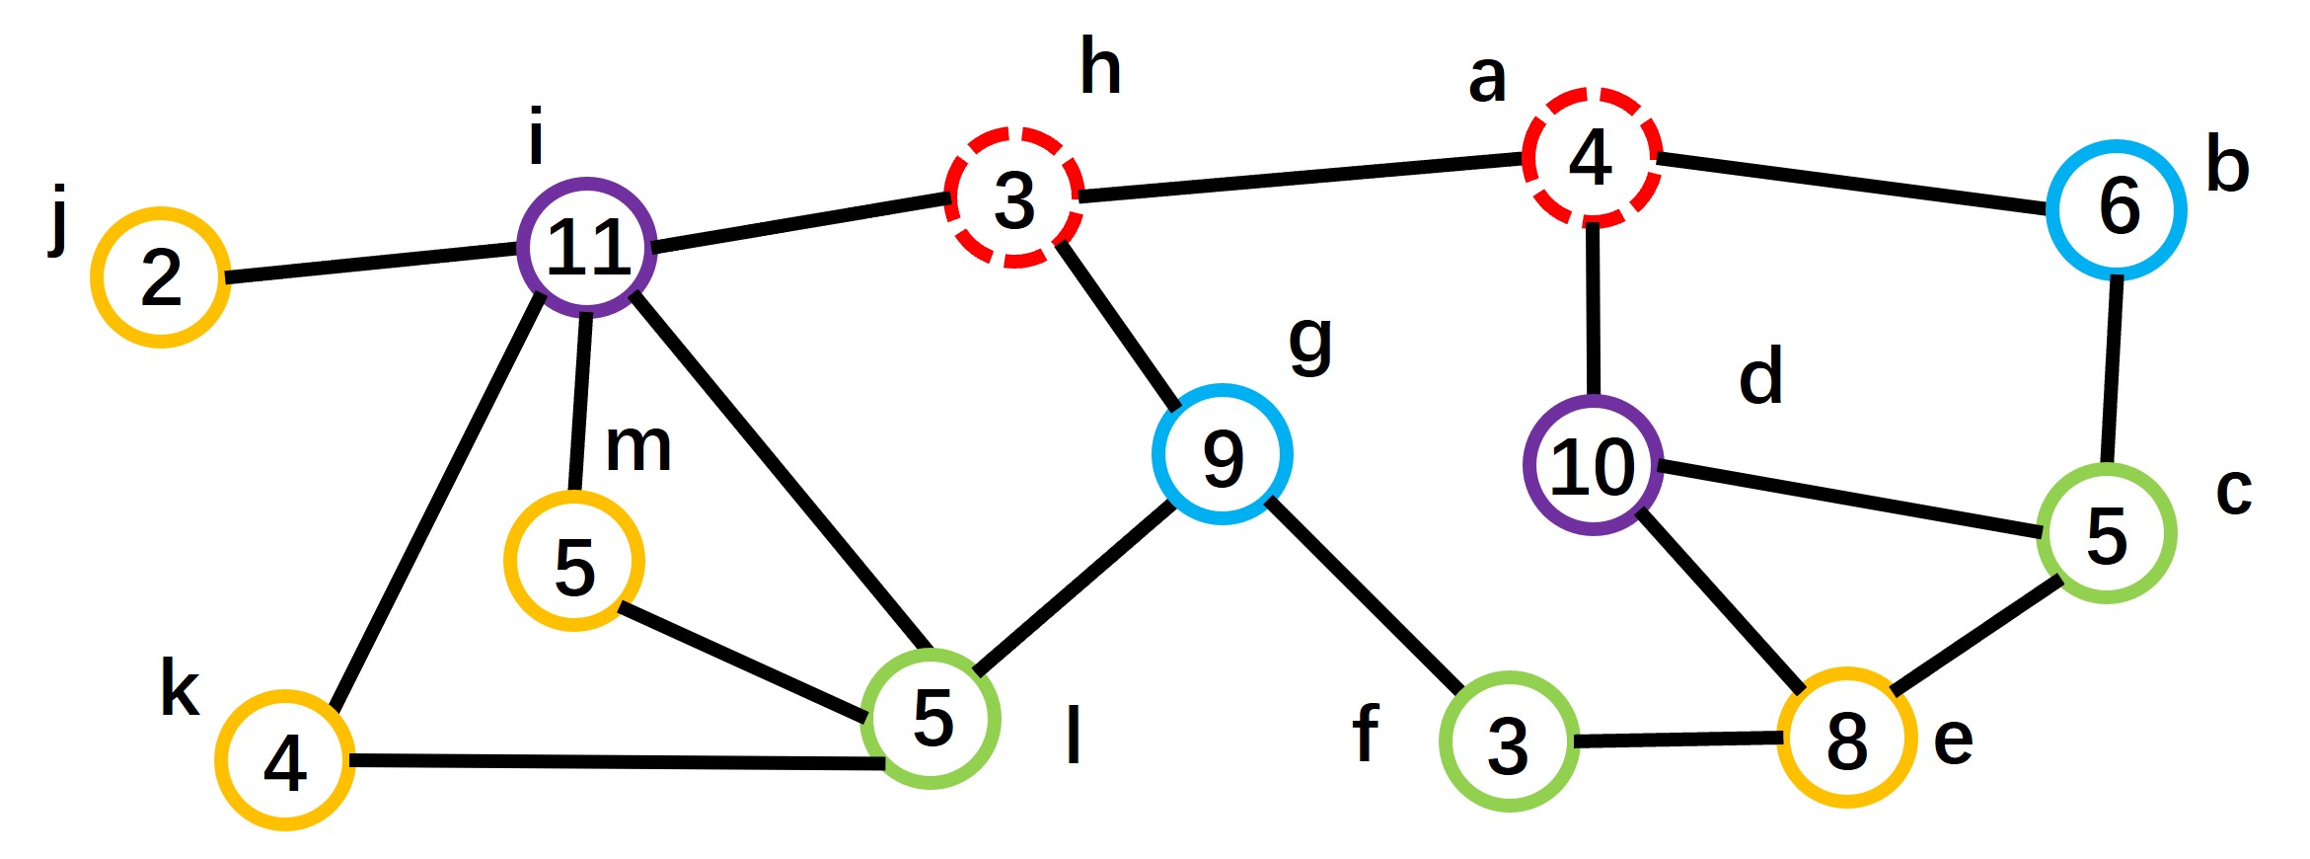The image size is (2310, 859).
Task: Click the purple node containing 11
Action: click(x=587, y=248)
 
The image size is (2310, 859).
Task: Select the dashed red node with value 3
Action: click(x=1014, y=197)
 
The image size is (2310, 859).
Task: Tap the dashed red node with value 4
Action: click(x=1592, y=158)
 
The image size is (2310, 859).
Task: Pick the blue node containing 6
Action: click(x=2116, y=209)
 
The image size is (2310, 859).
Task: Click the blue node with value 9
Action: click(x=1222, y=455)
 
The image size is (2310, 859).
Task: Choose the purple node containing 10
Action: click(x=1593, y=465)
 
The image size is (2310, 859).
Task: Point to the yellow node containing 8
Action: click(x=1846, y=738)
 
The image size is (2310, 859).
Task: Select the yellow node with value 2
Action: click(x=161, y=277)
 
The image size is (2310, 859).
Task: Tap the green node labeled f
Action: click(x=1509, y=742)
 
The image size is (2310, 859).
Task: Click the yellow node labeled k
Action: click(x=285, y=760)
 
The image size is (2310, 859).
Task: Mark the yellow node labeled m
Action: click(x=574, y=561)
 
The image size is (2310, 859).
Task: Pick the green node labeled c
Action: click(x=2106, y=533)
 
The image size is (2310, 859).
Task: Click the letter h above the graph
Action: click(x=1100, y=67)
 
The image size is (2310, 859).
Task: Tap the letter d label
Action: click(x=1760, y=377)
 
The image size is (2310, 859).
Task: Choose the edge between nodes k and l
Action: click(x=617, y=761)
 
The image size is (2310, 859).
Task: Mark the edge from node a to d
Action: click(x=1592, y=311)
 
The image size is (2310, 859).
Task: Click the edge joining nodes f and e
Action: click(x=1677, y=739)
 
